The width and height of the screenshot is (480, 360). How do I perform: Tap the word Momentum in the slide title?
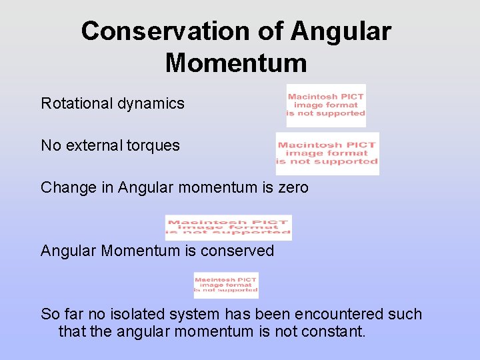point(236,63)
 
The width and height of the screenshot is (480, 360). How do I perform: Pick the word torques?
point(155,145)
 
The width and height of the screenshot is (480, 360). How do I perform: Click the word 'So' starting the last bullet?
point(49,314)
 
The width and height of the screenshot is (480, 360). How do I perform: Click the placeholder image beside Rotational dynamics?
point(326,105)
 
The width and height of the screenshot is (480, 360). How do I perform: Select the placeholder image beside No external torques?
point(327,153)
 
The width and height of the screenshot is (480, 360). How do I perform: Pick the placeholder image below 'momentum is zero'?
point(228,227)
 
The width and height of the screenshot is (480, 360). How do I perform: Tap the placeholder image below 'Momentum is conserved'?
point(226,285)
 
